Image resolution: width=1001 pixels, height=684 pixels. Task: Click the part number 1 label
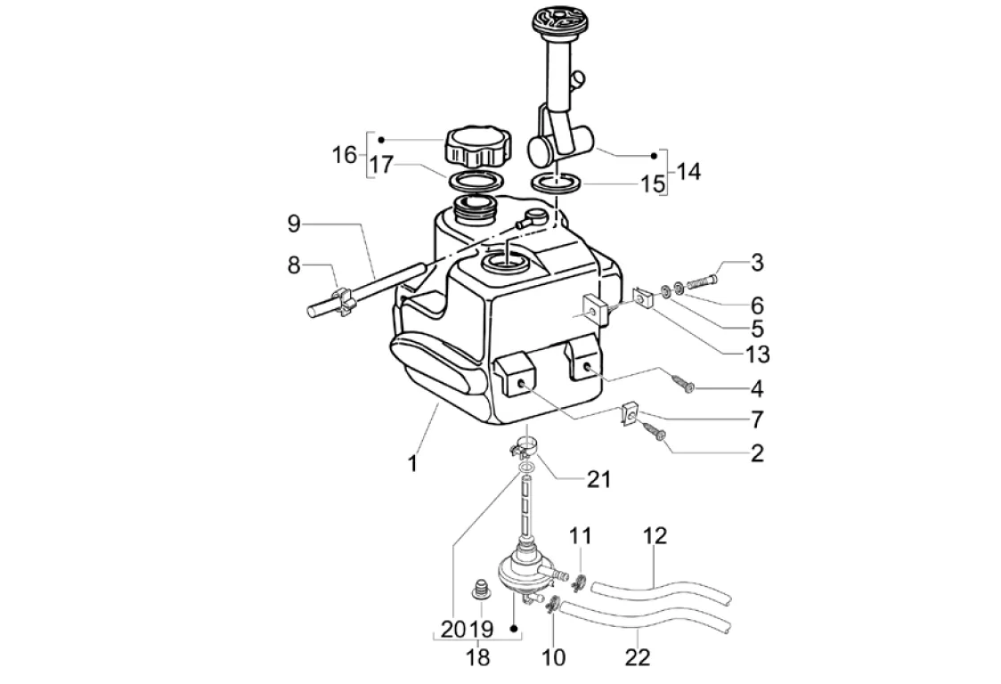(x=413, y=464)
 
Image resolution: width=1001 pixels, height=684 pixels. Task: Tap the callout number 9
(x=293, y=224)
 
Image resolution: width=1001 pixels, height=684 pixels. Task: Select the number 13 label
(x=758, y=354)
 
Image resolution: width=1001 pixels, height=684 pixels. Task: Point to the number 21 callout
(x=598, y=479)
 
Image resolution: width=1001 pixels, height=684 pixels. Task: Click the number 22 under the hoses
(x=638, y=658)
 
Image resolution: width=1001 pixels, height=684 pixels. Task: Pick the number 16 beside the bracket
(x=344, y=154)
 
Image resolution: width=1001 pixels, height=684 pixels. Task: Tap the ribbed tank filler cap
(x=479, y=145)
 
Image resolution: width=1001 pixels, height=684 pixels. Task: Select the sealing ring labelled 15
(x=557, y=183)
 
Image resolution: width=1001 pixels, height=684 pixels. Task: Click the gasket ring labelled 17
(x=475, y=182)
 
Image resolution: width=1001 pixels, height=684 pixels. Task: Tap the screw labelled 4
(x=687, y=384)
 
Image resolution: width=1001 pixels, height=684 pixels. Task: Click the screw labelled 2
(x=657, y=434)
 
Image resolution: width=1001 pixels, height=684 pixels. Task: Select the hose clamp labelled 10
(x=552, y=606)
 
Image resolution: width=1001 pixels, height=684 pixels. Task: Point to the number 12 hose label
(x=655, y=536)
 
